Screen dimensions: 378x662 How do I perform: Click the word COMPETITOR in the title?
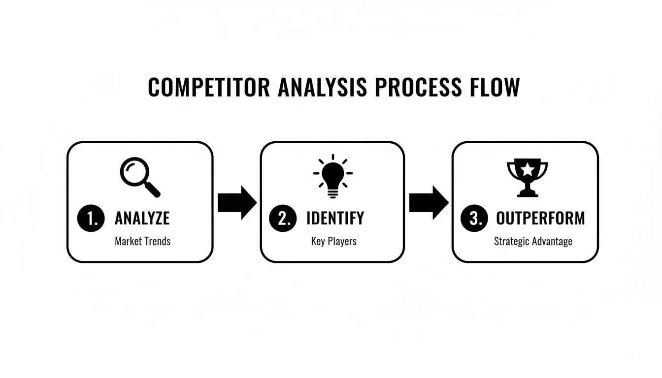[x=209, y=88]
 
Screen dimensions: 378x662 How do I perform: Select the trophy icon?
[x=527, y=178]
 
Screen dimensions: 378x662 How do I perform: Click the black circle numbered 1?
[x=91, y=219]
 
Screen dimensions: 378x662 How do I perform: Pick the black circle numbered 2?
[x=283, y=219]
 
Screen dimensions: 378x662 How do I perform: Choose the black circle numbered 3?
[x=474, y=219]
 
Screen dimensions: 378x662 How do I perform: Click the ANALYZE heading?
[x=142, y=219]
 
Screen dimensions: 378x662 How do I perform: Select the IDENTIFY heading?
[x=335, y=219]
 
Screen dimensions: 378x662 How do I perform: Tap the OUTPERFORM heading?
[x=540, y=219]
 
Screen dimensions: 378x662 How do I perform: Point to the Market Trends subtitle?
[x=143, y=242]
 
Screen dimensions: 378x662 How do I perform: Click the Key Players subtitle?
[x=333, y=242]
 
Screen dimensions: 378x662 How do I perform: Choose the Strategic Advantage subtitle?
[x=533, y=242]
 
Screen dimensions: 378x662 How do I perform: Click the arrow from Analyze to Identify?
[x=237, y=202]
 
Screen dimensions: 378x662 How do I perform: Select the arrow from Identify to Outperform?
[x=429, y=202]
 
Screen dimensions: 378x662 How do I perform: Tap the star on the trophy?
[x=528, y=169]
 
